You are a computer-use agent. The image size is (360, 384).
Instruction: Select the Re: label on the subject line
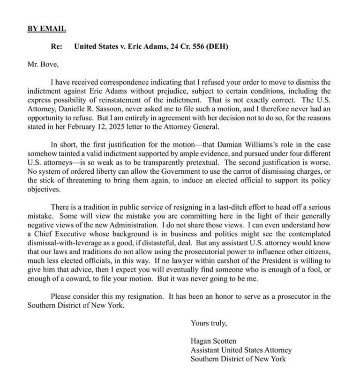click(57, 47)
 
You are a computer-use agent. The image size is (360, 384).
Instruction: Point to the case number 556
click(194, 47)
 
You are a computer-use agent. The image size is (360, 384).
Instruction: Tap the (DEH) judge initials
click(216, 47)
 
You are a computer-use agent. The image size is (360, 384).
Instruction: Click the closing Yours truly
click(208, 323)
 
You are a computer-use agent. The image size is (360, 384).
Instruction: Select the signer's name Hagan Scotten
click(213, 341)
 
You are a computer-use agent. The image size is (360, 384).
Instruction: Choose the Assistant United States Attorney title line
click(241, 350)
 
